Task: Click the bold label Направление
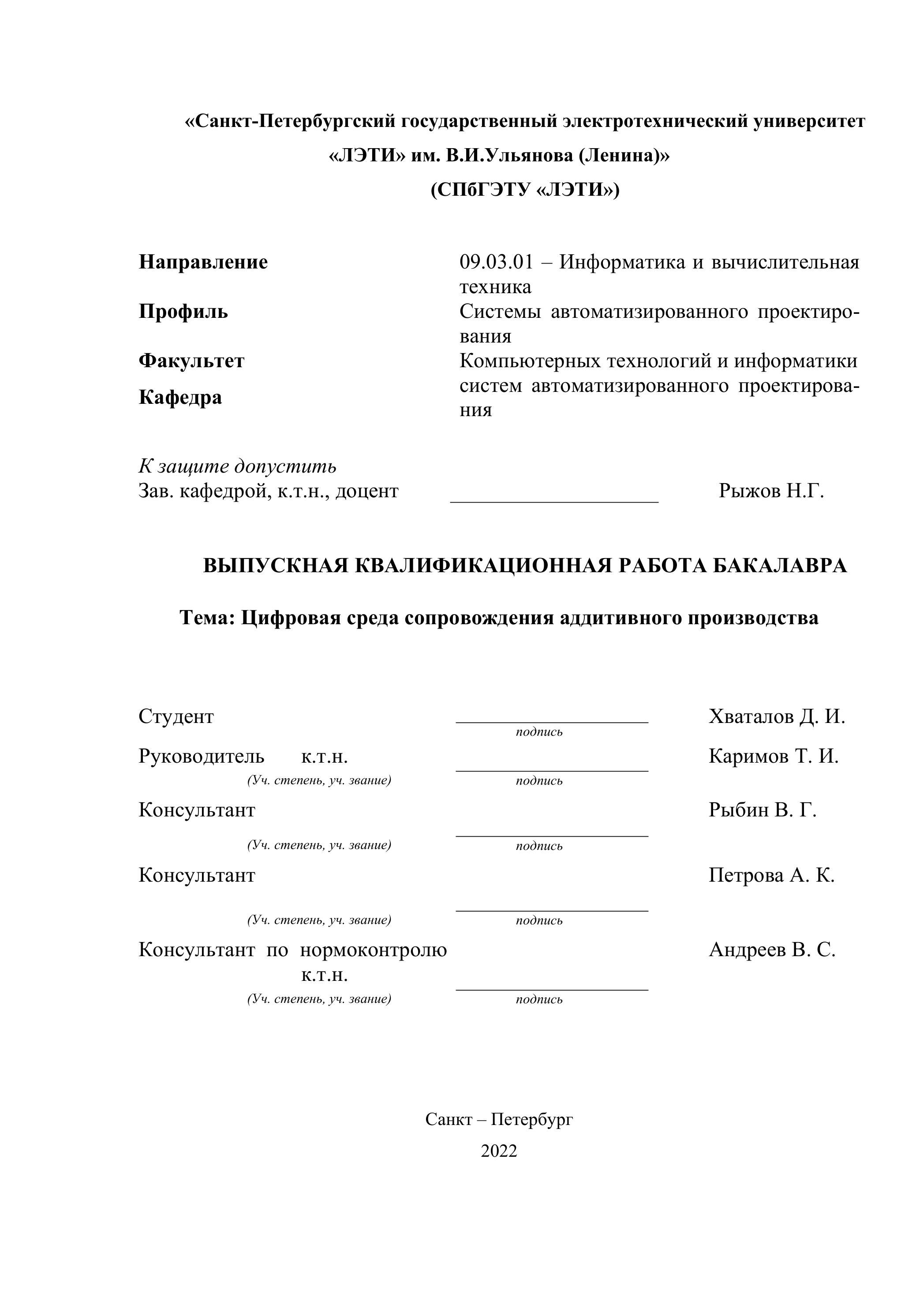203,262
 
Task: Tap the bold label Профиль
183,312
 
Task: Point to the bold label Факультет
191,361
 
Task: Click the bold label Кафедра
180,398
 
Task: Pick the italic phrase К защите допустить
238,466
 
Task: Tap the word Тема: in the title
207,618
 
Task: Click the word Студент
176,717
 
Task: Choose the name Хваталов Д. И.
777,717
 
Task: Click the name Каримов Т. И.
773,757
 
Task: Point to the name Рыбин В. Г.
762,810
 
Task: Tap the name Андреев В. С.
772,950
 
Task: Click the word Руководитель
201,757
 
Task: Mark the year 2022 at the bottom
499,1151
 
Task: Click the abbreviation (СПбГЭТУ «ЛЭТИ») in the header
525,190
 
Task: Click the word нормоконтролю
374,950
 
